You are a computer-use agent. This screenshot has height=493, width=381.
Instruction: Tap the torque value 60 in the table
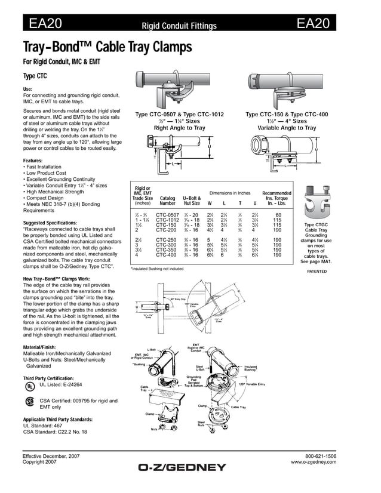[278, 214]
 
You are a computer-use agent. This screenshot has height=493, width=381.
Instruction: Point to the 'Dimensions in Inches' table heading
[230, 193]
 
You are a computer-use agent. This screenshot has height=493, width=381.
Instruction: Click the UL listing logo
[28, 386]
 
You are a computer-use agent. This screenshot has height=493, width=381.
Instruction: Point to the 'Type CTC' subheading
[35, 76]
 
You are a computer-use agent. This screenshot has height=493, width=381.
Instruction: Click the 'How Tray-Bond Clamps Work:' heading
[57, 279]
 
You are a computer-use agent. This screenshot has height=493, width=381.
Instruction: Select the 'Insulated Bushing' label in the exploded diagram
[251, 368]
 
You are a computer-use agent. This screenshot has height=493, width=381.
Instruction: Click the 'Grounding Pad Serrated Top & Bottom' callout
[193, 381]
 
